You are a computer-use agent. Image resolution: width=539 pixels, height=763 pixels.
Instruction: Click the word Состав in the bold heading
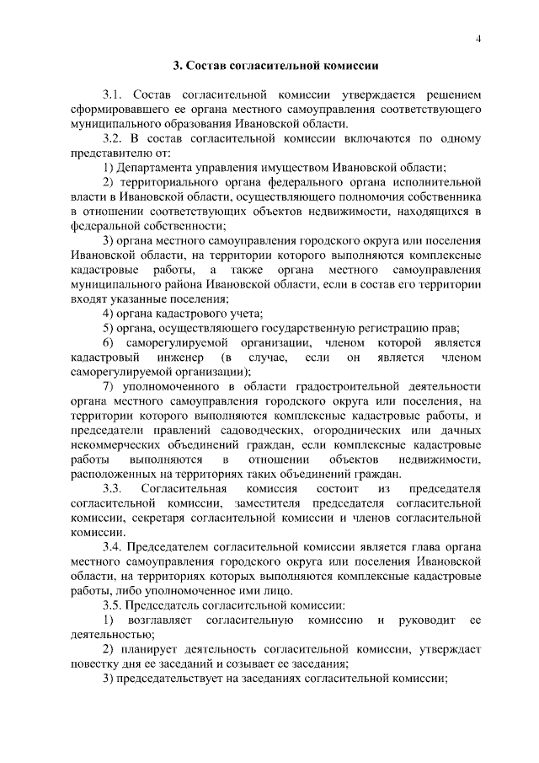pos(203,66)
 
